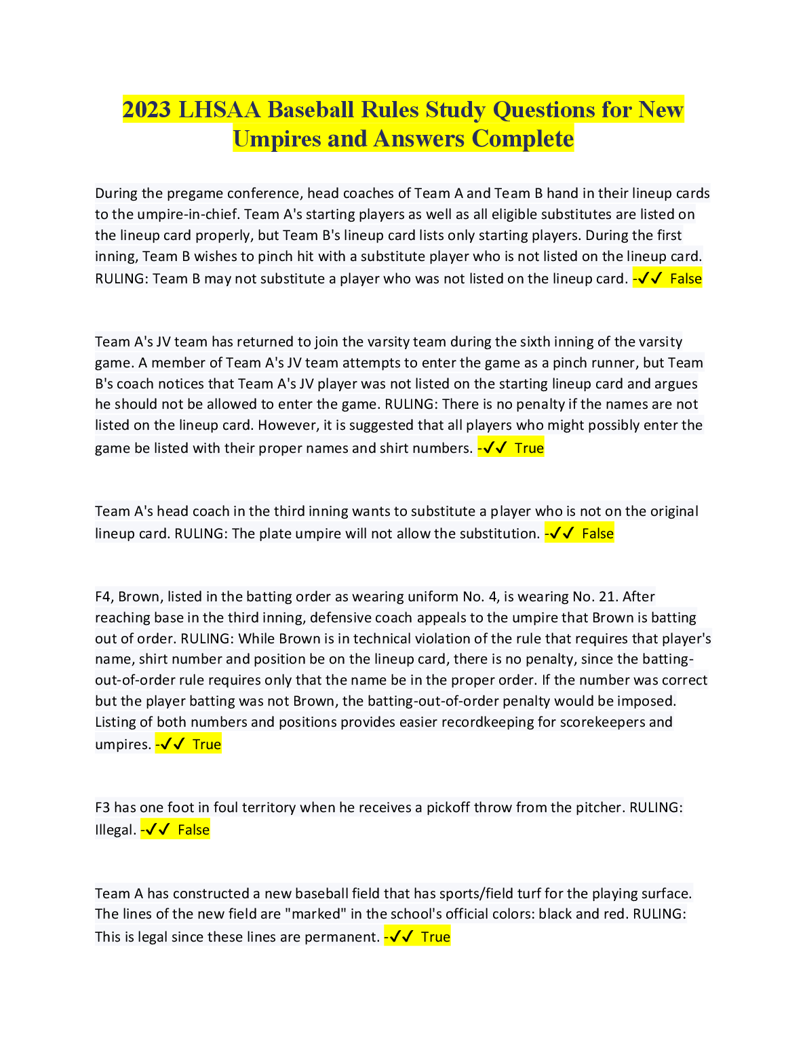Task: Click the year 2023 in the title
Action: tap(146, 110)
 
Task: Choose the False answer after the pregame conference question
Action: tap(686, 279)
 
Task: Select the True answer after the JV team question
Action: tap(529, 448)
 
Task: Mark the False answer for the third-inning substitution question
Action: tap(597, 534)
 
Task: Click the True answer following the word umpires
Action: tap(207, 744)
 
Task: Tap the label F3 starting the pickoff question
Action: tap(102, 807)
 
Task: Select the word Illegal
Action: tap(115, 830)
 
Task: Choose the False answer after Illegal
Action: tap(193, 830)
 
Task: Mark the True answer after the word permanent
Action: tap(435, 937)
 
